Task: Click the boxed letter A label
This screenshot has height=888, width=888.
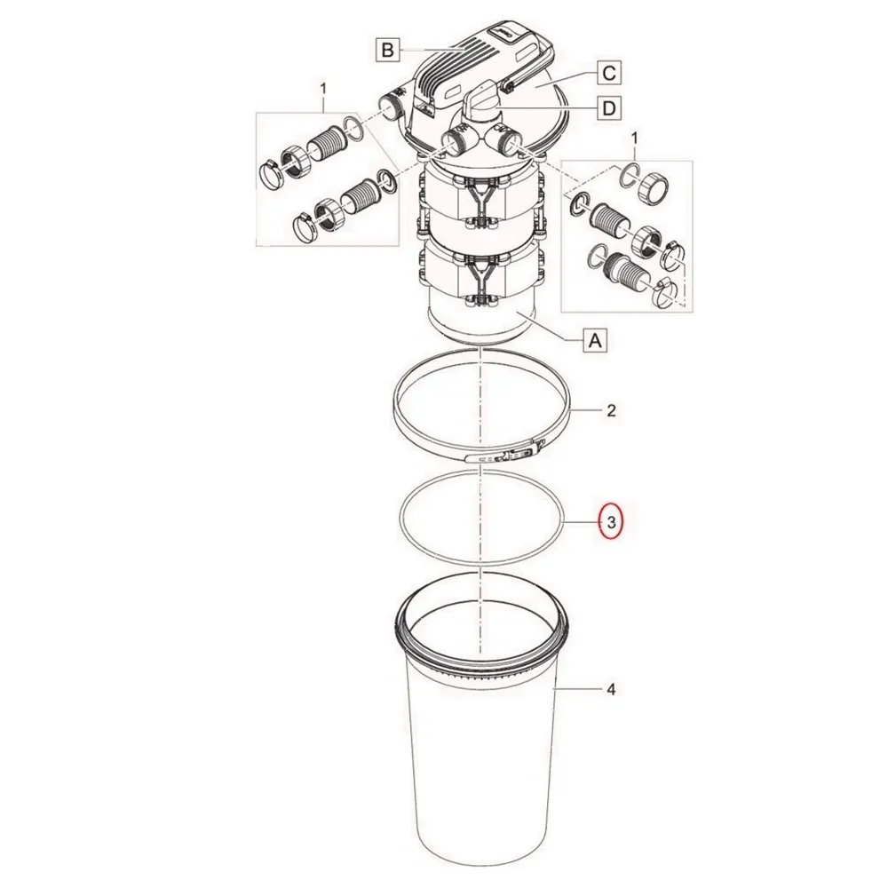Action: coord(595,340)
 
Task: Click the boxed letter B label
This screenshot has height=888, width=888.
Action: coord(388,50)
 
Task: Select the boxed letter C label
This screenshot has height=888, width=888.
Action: coord(609,73)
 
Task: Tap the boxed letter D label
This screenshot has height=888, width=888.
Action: coord(609,107)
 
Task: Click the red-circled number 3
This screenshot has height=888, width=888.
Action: coord(611,522)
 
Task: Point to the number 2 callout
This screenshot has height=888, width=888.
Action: coord(611,410)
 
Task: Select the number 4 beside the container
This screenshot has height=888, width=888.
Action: coord(611,689)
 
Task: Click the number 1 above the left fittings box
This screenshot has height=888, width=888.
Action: coord(323,89)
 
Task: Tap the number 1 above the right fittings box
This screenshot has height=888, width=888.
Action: coord(634,139)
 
